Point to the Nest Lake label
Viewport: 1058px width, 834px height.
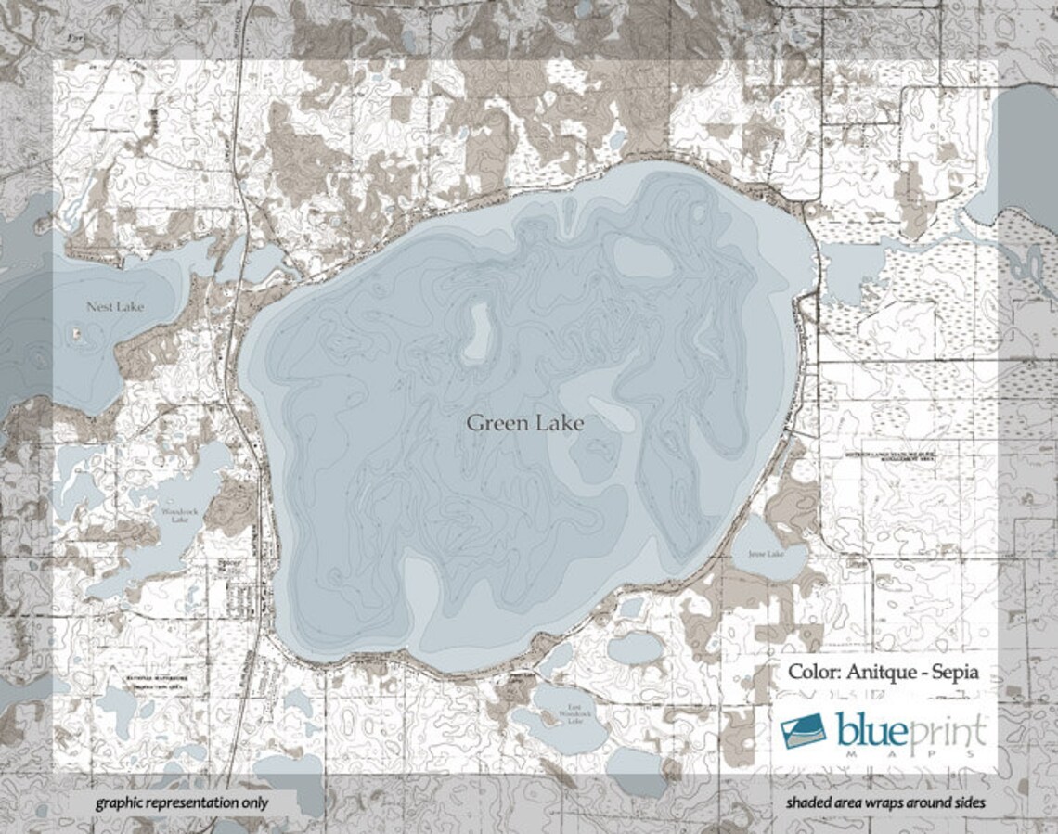pyautogui.click(x=115, y=306)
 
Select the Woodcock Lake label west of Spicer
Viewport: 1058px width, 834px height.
pyautogui.click(x=174, y=516)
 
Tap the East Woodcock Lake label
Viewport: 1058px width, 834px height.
pyautogui.click(x=575, y=714)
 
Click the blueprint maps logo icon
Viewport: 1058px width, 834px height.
pyautogui.click(x=803, y=731)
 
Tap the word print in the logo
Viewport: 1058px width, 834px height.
pyautogui.click(x=946, y=731)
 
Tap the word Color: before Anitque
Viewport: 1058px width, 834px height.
pyautogui.click(x=815, y=672)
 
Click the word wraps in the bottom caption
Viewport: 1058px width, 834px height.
pyautogui.click(x=884, y=802)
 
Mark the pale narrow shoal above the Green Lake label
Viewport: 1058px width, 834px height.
pyautogui.click(x=479, y=330)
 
